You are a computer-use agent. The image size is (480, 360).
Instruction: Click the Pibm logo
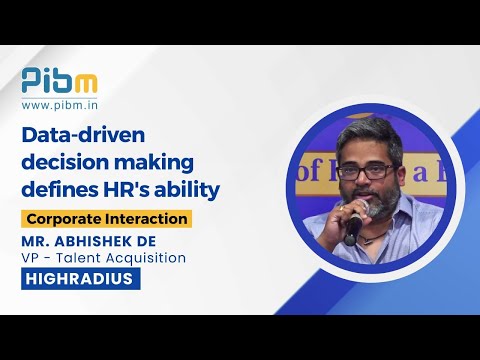tap(60, 79)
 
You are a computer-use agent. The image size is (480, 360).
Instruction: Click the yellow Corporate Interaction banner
tap(107, 217)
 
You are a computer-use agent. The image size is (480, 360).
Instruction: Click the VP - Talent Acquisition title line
tap(104, 257)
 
